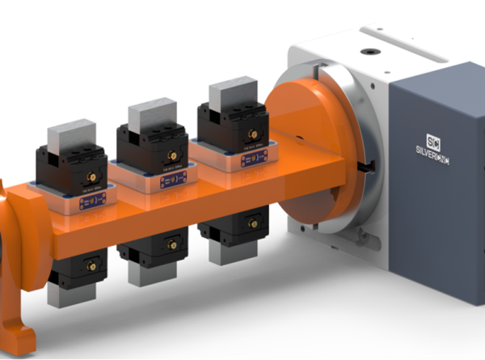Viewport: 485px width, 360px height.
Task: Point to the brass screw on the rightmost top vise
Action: click(x=251, y=131)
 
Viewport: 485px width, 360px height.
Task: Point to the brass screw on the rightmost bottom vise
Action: click(x=253, y=223)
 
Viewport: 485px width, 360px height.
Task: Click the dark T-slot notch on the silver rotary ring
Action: click(x=368, y=167)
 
